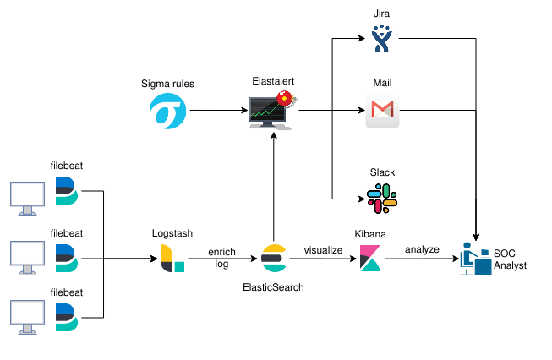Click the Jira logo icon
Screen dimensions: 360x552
382,39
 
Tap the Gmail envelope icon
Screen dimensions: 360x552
382,111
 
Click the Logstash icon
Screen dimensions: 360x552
172,258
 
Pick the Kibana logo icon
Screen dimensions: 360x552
369,258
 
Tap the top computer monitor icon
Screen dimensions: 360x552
25,196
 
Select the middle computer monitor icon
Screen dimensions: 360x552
25,258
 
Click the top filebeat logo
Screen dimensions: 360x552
67,192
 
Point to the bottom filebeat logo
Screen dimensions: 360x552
67,315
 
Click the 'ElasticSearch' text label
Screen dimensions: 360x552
272,287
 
